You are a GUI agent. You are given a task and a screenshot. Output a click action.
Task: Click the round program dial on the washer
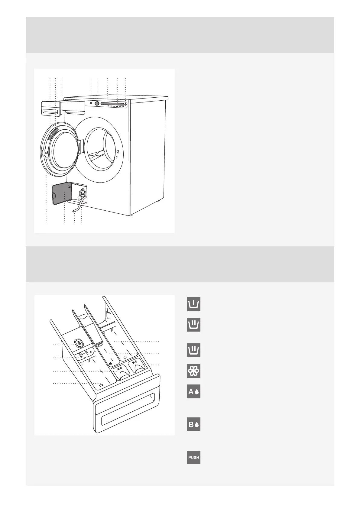coord(97,103)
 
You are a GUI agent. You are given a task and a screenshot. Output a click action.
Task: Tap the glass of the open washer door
coord(63,150)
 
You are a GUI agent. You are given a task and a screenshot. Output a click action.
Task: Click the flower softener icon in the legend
coord(193,371)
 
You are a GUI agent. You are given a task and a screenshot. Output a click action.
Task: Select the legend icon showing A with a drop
coord(193,392)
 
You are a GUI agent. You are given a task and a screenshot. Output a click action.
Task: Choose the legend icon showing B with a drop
coord(193,424)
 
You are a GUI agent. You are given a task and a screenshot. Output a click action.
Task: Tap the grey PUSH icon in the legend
coord(193,457)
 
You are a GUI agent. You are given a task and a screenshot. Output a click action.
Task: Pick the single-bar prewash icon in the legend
coord(193,304)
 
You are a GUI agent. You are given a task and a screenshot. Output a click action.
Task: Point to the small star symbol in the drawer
coord(110,363)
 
